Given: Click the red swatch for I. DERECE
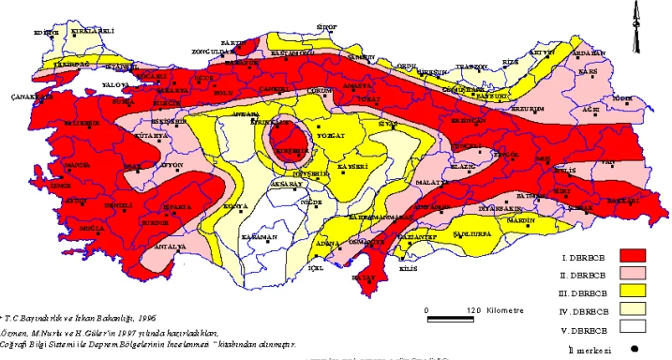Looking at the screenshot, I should tap(635, 255).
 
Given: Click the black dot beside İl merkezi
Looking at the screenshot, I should tap(635, 350).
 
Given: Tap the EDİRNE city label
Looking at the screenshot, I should tap(46, 32).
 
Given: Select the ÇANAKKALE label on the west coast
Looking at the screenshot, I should tap(29, 97).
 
